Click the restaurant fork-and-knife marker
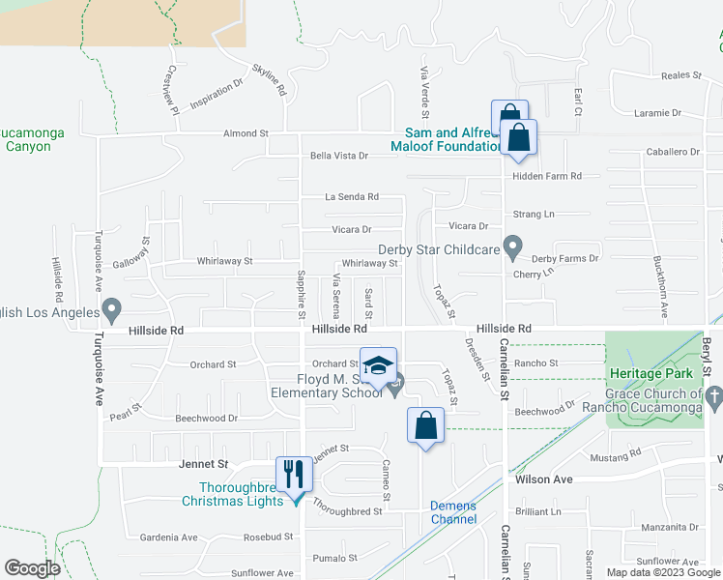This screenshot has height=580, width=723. pyautogui.click(x=294, y=474)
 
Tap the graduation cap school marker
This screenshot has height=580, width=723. pyautogui.click(x=378, y=365)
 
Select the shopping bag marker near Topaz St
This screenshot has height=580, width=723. pyautogui.click(x=425, y=425)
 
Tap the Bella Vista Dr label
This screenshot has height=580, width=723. pyautogui.click(x=339, y=156)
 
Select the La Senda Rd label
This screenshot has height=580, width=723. pyautogui.click(x=352, y=197)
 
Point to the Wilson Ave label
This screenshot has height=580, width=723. pyautogui.click(x=544, y=479)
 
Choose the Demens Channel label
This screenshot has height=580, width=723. pyautogui.click(x=453, y=512)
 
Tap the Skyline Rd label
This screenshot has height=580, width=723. pyautogui.click(x=270, y=78)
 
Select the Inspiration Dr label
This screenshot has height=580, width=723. pyautogui.click(x=217, y=99)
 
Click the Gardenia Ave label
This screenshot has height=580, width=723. pyautogui.click(x=169, y=537)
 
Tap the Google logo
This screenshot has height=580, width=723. pyautogui.click(x=32, y=568)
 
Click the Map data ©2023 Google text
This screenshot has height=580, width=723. pyautogui.click(x=662, y=571)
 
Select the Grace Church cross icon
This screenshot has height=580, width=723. pyautogui.click(x=713, y=394)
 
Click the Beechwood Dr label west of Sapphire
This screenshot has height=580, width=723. pyautogui.click(x=206, y=419)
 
